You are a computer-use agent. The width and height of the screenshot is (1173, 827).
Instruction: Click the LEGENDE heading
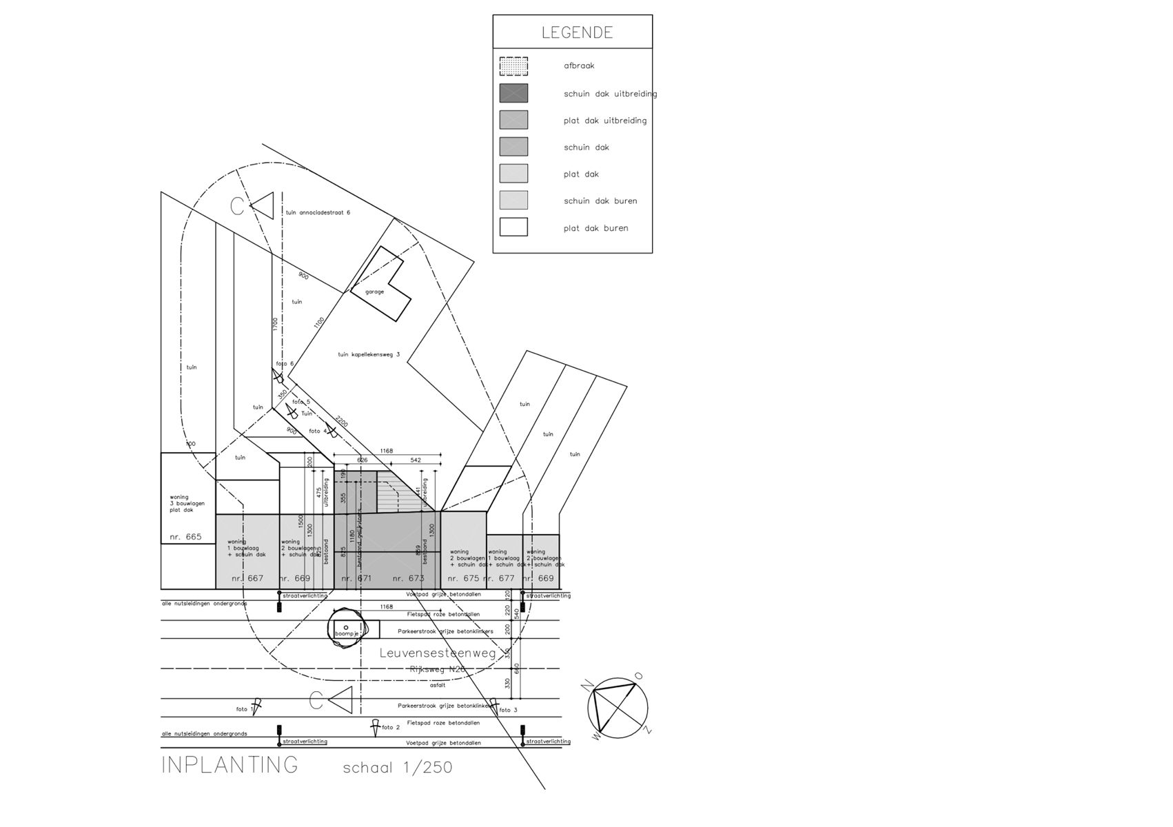(577, 32)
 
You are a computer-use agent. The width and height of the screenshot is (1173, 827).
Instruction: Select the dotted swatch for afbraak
(513, 66)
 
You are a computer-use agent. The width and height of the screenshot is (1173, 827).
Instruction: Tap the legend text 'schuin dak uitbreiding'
(610, 94)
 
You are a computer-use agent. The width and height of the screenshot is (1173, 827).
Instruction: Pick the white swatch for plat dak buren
(513, 227)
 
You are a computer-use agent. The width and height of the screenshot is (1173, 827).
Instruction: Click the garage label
(374, 292)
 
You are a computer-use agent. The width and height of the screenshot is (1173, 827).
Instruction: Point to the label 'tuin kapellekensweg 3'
(369, 354)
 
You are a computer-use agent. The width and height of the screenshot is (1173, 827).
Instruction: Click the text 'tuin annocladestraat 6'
(318, 212)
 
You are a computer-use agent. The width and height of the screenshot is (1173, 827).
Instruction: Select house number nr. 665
(185, 537)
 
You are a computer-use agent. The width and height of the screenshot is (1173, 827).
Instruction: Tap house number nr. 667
(247, 578)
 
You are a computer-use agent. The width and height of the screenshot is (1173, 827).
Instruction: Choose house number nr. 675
(463, 578)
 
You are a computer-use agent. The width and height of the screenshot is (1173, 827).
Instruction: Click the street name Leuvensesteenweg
(438, 653)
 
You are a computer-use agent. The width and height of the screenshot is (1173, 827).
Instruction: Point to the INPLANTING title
(229, 765)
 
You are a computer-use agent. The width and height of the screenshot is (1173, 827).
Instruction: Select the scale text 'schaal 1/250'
(398, 768)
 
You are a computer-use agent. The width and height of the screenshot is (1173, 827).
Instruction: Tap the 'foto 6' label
(285, 364)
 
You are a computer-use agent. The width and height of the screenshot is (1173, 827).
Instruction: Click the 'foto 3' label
(508, 710)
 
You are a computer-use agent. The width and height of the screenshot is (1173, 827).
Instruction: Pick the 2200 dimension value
(342, 421)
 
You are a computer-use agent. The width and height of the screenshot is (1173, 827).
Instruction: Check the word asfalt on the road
(438, 685)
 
